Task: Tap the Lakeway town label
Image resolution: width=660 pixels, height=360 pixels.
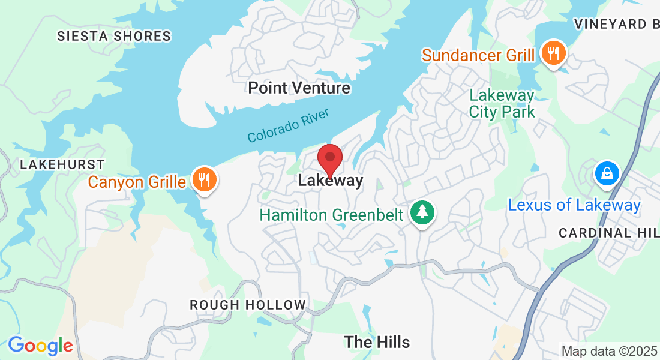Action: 331,181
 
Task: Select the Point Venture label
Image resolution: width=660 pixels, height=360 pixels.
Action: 299,88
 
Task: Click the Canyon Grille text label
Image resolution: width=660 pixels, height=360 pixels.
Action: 137,181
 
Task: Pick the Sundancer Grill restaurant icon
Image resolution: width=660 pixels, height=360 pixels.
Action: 551,53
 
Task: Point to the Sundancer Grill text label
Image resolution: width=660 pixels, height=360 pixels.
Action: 478,55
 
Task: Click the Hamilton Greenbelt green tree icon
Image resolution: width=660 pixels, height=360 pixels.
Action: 423,212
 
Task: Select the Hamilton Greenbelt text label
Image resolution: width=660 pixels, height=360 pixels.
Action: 331,214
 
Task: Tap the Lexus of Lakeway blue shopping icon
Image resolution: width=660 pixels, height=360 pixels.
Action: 607,173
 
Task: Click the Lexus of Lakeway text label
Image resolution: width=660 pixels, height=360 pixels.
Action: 574,205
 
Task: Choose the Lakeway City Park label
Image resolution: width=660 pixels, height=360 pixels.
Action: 502,103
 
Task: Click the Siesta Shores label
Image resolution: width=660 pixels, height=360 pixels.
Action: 114,37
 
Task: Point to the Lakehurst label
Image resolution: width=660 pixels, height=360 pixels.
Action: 62,164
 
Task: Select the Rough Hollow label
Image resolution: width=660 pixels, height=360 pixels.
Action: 248,305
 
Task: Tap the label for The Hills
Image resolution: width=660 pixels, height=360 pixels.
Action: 377,342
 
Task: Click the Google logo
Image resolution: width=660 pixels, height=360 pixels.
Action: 40,346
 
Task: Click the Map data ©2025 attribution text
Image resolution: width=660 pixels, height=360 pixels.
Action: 608,351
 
